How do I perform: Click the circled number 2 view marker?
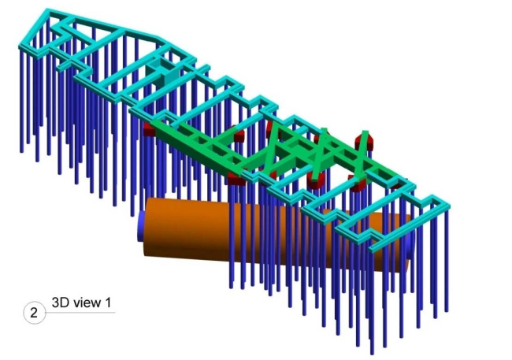[35, 313]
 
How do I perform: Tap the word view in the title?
[87, 302]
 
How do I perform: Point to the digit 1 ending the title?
[108, 302]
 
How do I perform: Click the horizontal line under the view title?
[80, 313]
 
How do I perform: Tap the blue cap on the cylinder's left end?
[141, 226]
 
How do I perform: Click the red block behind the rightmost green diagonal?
[365, 139]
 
